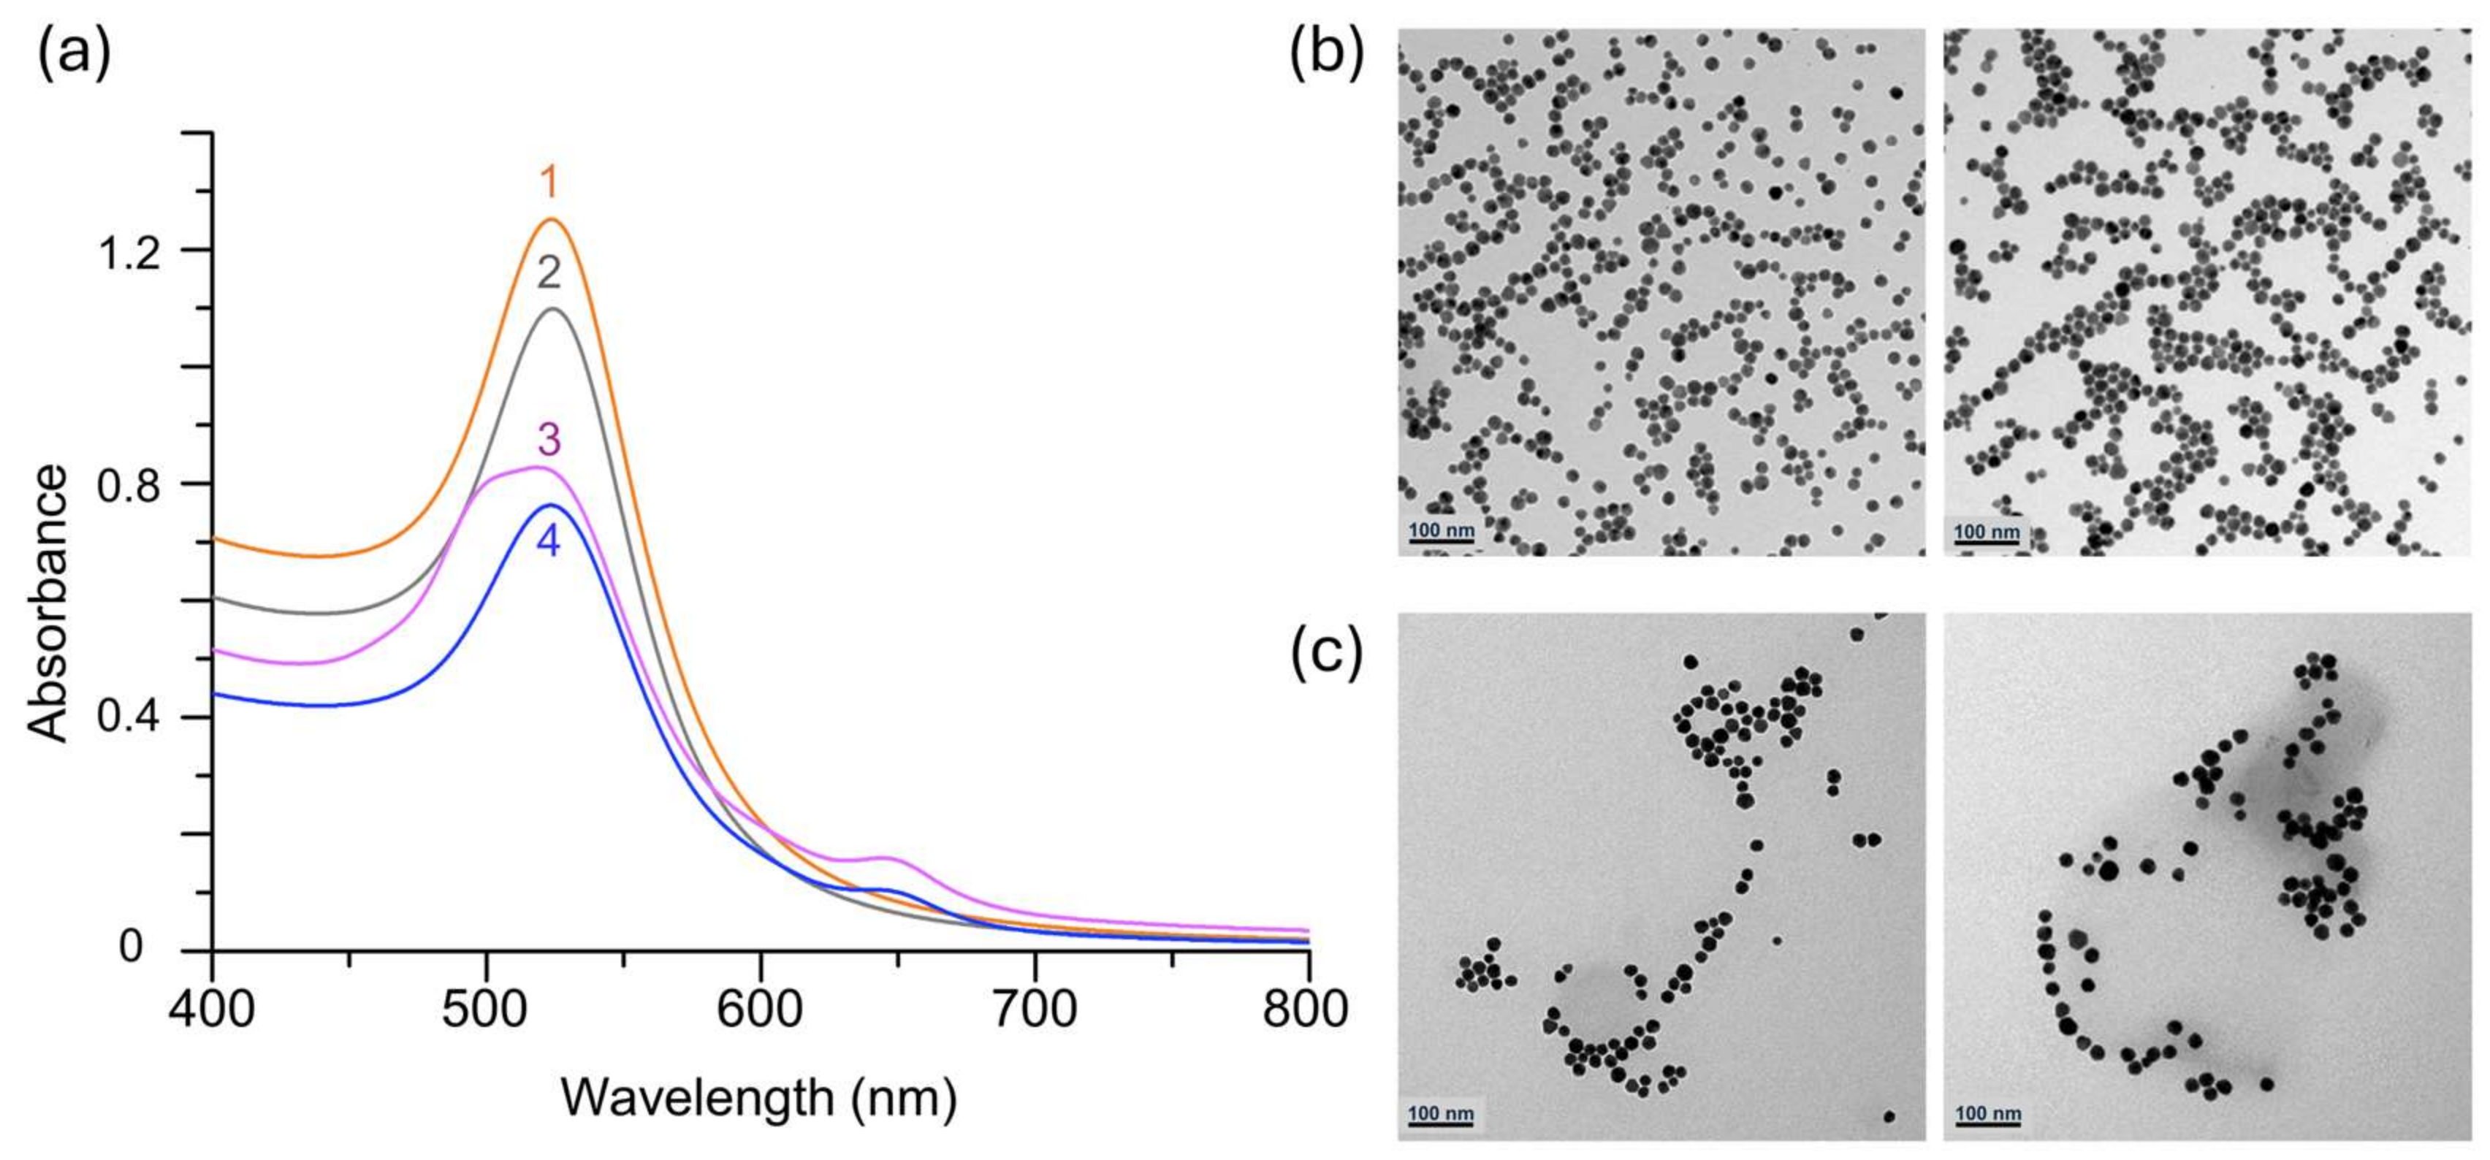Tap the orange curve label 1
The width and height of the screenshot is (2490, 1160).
point(549,183)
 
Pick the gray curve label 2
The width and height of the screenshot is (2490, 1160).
point(549,274)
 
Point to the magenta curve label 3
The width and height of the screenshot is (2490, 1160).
point(548,440)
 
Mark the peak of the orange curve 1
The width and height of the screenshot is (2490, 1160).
point(552,221)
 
